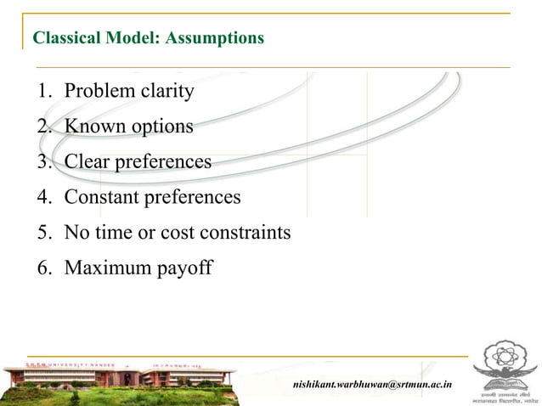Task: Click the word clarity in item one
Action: pos(163,91)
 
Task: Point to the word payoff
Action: pos(183,269)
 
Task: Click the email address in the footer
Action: pos(372,385)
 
